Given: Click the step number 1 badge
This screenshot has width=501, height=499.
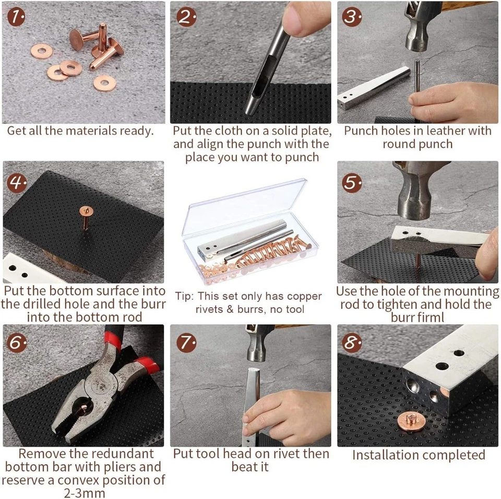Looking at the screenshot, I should [x=18, y=17].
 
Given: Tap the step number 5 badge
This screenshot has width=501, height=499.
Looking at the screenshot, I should [x=353, y=182].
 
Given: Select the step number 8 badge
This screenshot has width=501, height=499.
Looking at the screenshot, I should [x=353, y=343].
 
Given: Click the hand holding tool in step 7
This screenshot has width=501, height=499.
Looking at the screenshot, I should [x=282, y=412].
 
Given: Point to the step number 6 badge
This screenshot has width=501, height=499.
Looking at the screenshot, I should [x=18, y=343].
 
